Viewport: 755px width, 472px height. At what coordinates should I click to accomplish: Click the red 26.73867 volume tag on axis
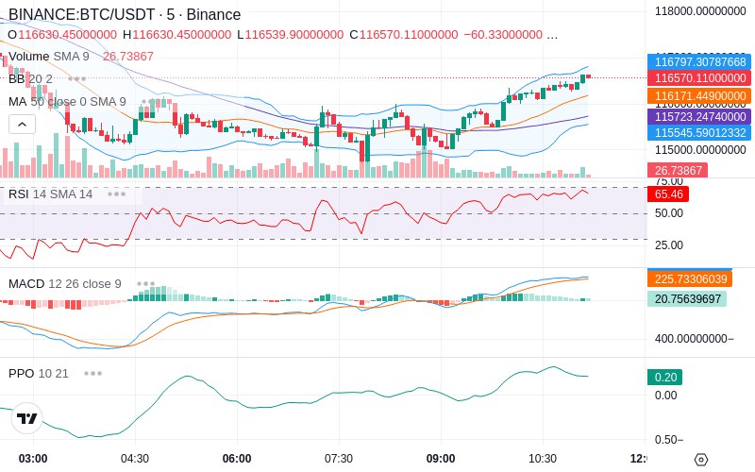click(675, 171)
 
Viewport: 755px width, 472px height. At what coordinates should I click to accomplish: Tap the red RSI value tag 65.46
click(668, 194)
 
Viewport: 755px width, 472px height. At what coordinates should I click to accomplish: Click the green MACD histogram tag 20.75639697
click(686, 299)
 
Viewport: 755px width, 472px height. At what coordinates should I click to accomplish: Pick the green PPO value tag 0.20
click(664, 377)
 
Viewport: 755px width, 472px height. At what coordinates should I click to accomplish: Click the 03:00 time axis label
click(33, 459)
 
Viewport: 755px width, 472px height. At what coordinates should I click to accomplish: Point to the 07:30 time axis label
click(339, 459)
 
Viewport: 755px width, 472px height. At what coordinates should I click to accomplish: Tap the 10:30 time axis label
click(543, 459)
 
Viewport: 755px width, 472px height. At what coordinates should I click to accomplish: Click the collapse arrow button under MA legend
click(23, 124)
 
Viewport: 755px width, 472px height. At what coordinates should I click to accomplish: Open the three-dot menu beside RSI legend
click(116, 194)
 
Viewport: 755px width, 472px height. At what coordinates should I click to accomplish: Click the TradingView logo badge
click(27, 418)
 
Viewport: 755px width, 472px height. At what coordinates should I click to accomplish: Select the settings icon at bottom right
click(700, 460)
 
